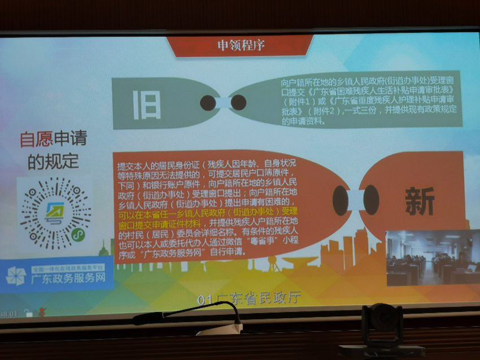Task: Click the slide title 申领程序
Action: point(241,45)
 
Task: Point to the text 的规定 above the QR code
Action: point(53,162)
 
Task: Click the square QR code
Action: point(54,212)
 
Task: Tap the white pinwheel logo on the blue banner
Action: point(16,275)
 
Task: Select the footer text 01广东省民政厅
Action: point(248,298)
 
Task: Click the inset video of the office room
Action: point(433,258)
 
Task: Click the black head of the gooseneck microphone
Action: point(141,319)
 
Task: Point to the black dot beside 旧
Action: point(208,102)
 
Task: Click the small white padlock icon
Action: point(28,314)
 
